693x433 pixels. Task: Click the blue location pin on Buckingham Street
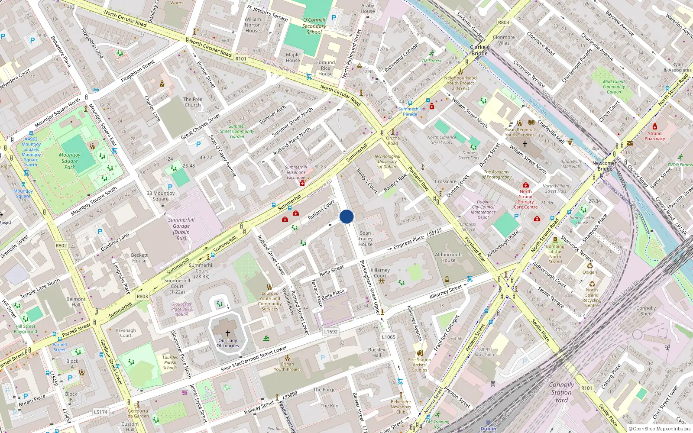point(346,216)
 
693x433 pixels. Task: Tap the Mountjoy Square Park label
point(70,161)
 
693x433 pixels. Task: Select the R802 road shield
point(62,246)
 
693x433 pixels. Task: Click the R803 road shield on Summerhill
point(142,297)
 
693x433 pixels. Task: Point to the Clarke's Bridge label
point(479,50)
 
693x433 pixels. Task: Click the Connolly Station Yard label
point(561,392)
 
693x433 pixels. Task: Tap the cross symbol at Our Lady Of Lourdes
point(227,333)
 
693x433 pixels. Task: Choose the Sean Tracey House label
point(366,239)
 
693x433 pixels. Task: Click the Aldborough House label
point(448,258)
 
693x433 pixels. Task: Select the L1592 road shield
point(331,332)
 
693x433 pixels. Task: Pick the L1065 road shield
point(389,337)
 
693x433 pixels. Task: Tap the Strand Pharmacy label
point(654,136)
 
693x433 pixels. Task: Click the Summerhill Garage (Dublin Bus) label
point(181,229)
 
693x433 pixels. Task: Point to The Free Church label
point(193,102)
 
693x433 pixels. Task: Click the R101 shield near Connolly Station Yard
point(586,388)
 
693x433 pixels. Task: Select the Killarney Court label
point(380,273)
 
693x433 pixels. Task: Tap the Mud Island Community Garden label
point(614,87)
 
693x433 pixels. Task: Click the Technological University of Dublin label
point(387,162)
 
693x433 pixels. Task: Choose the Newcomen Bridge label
point(605,166)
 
